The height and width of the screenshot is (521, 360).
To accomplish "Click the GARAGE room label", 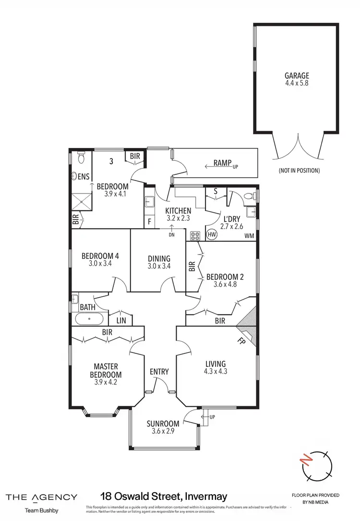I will [296, 75].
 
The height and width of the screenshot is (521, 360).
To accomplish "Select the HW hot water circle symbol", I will [212, 234].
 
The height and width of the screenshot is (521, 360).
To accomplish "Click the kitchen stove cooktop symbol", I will [195, 235].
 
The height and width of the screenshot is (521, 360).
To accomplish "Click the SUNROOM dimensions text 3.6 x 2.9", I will [163, 431].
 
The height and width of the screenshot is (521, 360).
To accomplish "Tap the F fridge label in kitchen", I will [150, 222].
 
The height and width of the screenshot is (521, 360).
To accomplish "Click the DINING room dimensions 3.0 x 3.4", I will [159, 266].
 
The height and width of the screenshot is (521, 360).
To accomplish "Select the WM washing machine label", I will [249, 235].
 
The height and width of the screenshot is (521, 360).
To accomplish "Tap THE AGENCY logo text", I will [41, 497].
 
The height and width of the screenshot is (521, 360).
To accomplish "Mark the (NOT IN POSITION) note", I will [299, 170].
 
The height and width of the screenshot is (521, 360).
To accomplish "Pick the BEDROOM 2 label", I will [225, 277].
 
